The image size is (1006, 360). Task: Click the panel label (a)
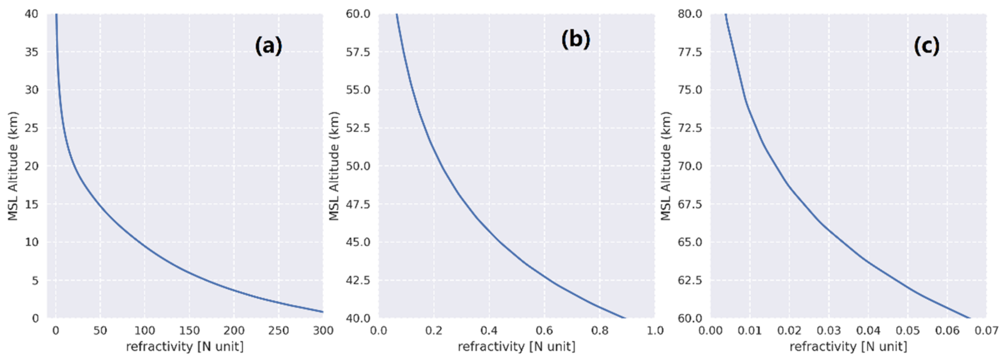pyautogui.click(x=268, y=47)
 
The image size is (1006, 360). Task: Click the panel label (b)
pyautogui.click(x=576, y=40)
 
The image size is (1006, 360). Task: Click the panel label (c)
pyautogui.click(x=926, y=47)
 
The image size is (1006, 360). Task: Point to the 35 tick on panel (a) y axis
pyautogui.click(x=32, y=52)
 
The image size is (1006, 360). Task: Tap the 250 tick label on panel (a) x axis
pyautogui.click(x=278, y=331)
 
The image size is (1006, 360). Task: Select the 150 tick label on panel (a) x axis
pyautogui.click(x=189, y=331)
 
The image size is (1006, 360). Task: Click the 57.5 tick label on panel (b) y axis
pyautogui.click(x=358, y=52)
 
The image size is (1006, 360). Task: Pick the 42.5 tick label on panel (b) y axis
pyautogui.click(x=358, y=280)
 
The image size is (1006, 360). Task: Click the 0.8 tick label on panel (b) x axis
pyautogui.click(x=599, y=331)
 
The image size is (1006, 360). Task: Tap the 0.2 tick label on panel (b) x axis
pyautogui.click(x=434, y=331)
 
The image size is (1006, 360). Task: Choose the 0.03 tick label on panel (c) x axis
pyautogui.click(x=829, y=331)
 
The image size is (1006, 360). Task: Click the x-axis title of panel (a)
pyautogui.click(x=185, y=346)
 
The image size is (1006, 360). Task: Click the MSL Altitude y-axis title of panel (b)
pyautogui.click(x=334, y=166)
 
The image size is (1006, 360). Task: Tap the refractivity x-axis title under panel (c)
pyautogui.click(x=848, y=346)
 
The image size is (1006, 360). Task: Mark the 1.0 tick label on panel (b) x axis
pyautogui.click(x=655, y=331)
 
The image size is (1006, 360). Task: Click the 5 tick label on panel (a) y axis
pyautogui.click(x=35, y=280)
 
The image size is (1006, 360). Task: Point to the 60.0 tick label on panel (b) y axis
pyautogui.click(x=358, y=14)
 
